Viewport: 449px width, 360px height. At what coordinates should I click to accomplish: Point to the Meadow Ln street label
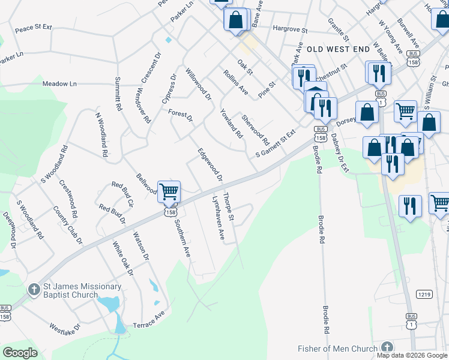click(60, 84)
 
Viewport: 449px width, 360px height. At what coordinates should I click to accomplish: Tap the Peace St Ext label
click(34, 28)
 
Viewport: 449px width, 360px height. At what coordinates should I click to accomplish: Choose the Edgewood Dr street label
click(210, 163)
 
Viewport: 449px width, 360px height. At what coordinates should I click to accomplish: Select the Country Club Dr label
click(76, 226)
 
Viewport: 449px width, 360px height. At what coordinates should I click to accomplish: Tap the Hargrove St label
click(289, 29)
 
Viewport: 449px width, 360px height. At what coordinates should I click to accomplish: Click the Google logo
click(20, 352)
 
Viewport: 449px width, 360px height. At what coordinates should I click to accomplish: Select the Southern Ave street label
click(182, 238)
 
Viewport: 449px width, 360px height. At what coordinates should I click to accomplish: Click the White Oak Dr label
click(122, 259)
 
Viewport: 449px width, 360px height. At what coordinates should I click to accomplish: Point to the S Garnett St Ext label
click(277, 142)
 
